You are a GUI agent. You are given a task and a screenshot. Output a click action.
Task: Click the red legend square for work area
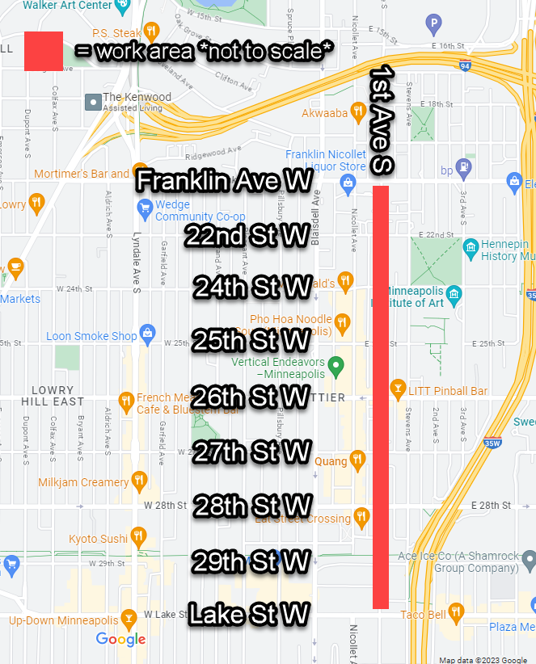click(44, 51)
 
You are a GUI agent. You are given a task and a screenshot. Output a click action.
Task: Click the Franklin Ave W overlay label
click(224, 181)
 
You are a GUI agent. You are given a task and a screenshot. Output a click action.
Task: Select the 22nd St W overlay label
click(247, 236)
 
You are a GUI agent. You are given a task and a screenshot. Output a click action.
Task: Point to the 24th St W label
click(252, 288)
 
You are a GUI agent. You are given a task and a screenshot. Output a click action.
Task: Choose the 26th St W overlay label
click(251, 397)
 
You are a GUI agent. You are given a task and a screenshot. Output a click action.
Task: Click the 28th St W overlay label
click(251, 506)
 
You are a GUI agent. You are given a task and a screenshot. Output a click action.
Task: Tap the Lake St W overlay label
click(248, 615)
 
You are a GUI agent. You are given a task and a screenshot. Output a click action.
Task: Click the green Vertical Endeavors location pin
click(340, 365)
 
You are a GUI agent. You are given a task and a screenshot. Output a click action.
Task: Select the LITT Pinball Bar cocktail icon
click(397, 391)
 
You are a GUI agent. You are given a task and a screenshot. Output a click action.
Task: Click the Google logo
click(121, 640)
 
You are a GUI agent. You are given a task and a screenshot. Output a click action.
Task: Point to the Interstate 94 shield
click(464, 65)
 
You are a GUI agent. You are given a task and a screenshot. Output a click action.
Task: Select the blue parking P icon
click(435, 24)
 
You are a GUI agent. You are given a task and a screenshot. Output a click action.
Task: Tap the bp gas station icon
click(465, 169)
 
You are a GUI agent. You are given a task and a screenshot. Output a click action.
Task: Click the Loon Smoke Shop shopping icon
click(148, 332)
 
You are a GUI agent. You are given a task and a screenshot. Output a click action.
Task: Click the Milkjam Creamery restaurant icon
click(140, 482)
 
